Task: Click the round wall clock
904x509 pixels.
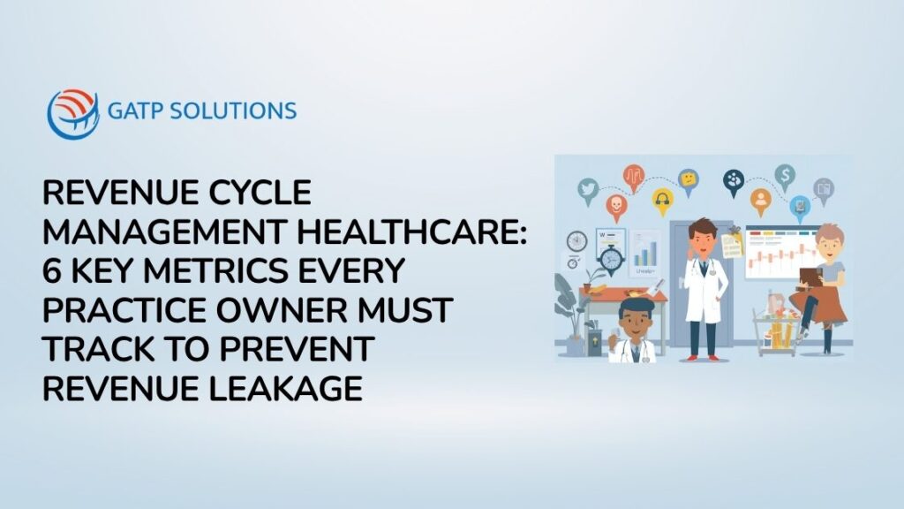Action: click(x=576, y=240)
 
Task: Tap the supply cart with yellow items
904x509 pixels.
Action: click(x=776, y=330)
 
